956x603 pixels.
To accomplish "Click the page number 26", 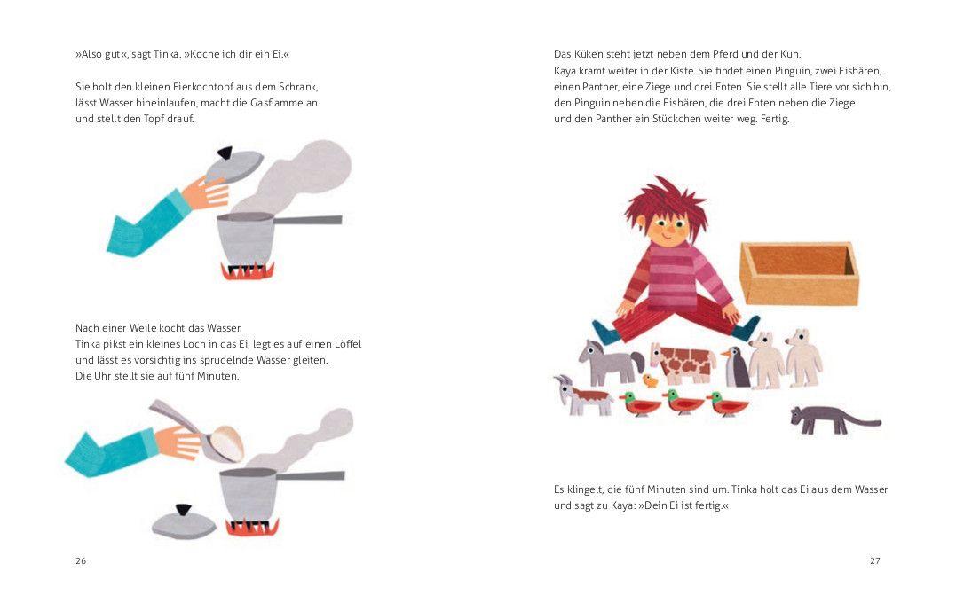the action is pyautogui.click(x=81, y=561).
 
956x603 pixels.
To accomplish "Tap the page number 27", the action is pyautogui.click(x=875, y=561).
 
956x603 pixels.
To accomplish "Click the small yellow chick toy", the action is pyautogui.click(x=651, y=381).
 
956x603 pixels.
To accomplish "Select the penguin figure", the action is pyautogui.click(x=737, y=366).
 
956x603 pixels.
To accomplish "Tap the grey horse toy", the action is pyautogui.click(x=611, y=363).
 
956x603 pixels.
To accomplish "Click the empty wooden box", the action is pyautogui.click(x=799, y=273).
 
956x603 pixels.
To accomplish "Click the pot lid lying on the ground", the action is pyautogui.click(x=184, y=522).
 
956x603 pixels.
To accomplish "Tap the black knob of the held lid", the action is pyautogui.click(x=225, y=153).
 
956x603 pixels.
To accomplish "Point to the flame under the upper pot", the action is pyautogui.click(x=248, y=271).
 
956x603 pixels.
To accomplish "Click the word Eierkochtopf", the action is pyautogui.click(x=203, y=87).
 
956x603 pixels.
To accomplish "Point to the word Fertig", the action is pyautogui.click(x=775, y=119).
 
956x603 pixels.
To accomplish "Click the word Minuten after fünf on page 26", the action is pyautogui.click(x=217, y=376).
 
